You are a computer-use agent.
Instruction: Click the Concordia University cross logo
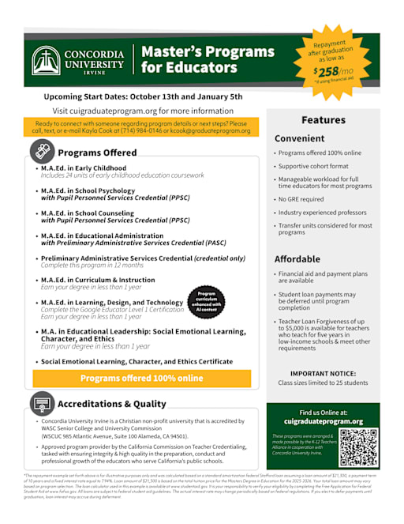click(47, 61)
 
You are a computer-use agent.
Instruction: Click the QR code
click(359, 447)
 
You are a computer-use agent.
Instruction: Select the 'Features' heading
click(324, 120)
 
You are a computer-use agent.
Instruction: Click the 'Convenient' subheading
click(299, 138)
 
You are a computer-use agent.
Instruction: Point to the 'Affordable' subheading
click(297, 259)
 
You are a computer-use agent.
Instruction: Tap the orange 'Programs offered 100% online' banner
click(142, 378)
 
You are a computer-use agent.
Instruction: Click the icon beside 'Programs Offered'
click(43, 152)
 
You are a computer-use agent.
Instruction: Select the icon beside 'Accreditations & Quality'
click(43, 404)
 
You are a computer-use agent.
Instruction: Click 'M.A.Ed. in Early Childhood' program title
click(83, 168)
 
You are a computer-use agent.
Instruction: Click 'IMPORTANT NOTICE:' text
click(323, 373)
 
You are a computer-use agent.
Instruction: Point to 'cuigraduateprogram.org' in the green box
click(323, 421)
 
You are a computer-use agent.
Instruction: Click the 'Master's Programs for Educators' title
click(208, 60)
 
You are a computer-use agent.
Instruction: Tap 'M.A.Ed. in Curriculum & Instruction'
click(98, 280)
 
